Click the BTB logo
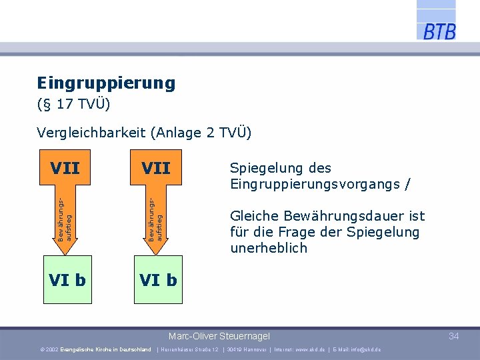tap(438, 30)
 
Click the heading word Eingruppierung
tap(106, 83)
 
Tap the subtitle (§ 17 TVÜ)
tap(73, 105)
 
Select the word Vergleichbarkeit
tap(91, 133)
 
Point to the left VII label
tap(65, 168)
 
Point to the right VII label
tap(155, 168)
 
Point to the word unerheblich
tap(269, 248)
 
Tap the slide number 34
tap(453, 336)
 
